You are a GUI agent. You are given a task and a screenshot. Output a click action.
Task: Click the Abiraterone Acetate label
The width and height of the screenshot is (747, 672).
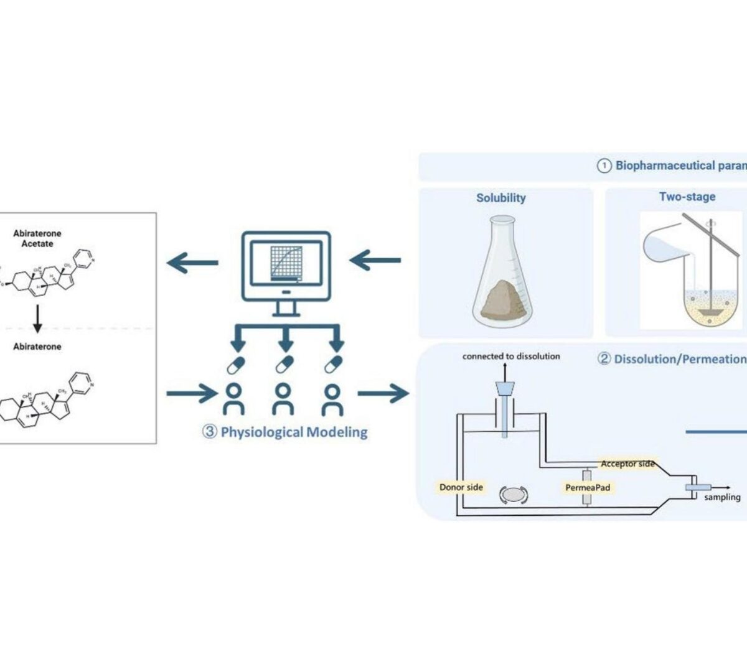tap(37, 238)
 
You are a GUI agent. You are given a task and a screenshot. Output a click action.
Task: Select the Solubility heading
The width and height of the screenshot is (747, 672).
tap(500, 198)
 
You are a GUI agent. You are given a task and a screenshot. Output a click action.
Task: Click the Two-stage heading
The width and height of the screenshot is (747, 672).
tap(687, 197)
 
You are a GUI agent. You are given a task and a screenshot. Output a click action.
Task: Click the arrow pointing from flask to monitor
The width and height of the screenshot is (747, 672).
tap(375, 260)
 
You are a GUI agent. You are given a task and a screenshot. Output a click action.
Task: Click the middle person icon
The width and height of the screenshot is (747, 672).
tap(283, 399)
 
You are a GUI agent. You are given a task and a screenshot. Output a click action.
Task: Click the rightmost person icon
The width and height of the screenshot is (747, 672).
tap(333, 399)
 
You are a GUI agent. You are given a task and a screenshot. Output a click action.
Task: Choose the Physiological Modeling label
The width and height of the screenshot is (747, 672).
tap(284, 432)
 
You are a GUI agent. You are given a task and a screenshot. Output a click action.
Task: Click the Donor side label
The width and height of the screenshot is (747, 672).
tap(461, 487)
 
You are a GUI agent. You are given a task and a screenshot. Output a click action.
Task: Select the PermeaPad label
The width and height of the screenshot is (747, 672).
tap(587, 488)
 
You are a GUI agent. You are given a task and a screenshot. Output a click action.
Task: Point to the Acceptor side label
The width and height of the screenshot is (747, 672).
tap(627, 464)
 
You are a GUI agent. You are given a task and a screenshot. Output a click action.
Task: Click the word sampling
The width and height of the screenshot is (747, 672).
tap(722, 497)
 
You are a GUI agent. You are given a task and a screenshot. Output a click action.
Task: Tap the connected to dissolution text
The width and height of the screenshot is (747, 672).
tap(510, 357)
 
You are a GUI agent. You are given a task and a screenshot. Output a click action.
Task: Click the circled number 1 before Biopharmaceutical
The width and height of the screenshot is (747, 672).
tap(604, 166)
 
